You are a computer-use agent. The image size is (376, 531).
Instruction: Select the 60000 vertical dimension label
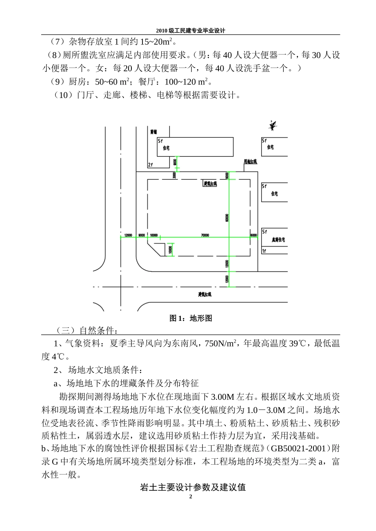coord(227,218)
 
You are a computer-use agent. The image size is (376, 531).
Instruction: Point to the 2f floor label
coord(150,165)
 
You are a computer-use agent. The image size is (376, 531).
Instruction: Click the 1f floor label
coord(264,251)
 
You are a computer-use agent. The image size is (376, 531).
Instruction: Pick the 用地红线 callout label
coord(250,162)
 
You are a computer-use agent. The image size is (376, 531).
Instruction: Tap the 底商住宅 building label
coord(278,240)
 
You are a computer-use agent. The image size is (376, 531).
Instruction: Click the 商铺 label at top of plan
coord(154,132)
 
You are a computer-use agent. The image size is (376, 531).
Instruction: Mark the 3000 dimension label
coord(174,175)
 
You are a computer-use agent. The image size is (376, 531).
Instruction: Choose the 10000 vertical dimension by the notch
coord(170,250)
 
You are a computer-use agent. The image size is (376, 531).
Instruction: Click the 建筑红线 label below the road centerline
coord(205,294)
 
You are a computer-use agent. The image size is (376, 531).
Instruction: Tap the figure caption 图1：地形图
coord(191,318)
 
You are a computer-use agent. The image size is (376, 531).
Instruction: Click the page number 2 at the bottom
coord(191,497)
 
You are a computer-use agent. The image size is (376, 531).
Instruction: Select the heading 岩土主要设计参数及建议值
coord(193,487)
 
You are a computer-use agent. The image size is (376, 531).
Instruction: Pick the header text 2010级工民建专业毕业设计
coord(190,30)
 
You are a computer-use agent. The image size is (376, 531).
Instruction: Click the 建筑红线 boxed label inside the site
coord(210,184)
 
